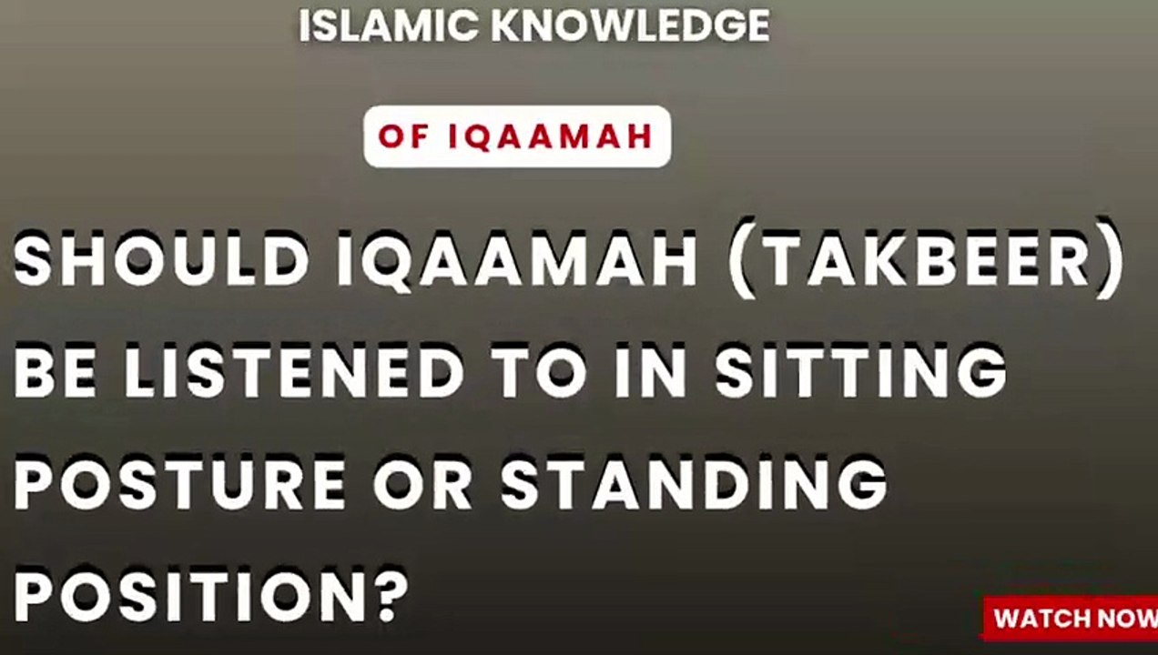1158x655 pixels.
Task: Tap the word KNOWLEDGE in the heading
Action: pos(630,27)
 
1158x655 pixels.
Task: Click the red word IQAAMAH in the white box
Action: pos(551,136)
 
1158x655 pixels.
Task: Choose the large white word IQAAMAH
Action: pos(517,260)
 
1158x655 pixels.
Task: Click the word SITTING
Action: pos(860,373)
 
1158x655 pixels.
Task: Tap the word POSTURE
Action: pos(179,484)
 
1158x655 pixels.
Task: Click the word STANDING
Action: pos(694,484)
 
